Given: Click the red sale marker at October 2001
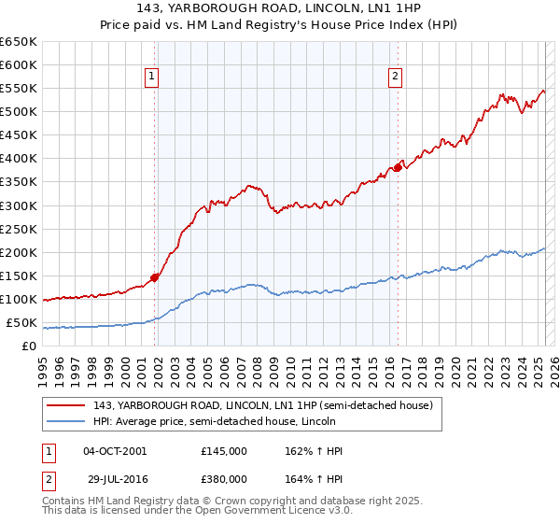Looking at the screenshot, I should [155, 277].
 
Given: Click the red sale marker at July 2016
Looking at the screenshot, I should [398, 167].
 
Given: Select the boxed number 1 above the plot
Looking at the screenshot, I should [151, 78].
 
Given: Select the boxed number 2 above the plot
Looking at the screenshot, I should [396, 78].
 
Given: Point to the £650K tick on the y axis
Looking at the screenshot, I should [19, 42].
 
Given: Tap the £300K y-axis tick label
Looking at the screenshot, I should [19, 205].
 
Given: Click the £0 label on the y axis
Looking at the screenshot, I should [29, 346].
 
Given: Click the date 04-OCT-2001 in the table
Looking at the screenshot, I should [115, 451].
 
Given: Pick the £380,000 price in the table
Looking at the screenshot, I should [224, 478].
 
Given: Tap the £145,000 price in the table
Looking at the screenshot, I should [224, 451].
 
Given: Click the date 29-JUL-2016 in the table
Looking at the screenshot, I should [115, 478].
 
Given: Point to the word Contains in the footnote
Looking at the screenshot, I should [63, 502].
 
